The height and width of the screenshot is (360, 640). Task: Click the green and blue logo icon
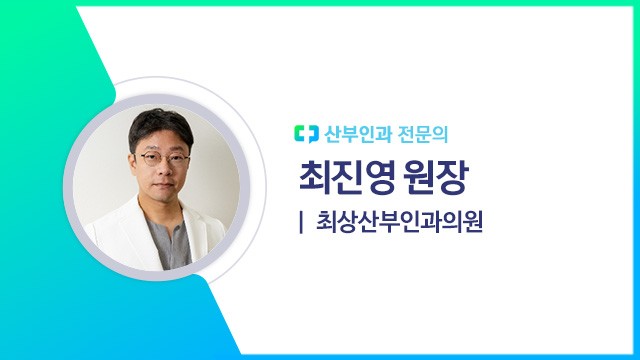coord(304,133)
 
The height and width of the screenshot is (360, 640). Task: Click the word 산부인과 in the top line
coord(353,133)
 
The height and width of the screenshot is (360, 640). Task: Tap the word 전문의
coord(413,133)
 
